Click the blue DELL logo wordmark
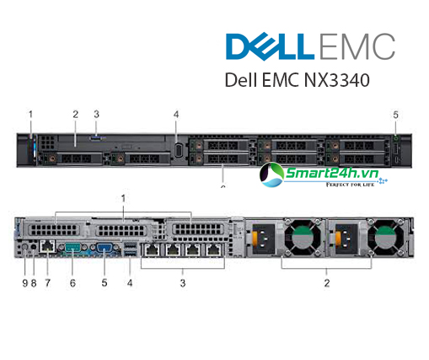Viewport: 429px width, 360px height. (270, 46)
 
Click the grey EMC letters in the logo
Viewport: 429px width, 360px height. (357, 46)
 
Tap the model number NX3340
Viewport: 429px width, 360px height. (337, 80)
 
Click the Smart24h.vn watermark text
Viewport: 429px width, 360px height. (332, 173)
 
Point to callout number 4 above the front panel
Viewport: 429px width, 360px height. (176, 115)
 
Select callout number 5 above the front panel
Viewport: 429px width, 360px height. (395, 115)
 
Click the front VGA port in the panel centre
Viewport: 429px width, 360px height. (178, 150)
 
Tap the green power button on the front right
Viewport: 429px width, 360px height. (396, 138)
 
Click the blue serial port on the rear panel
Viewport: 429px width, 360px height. (72, 248)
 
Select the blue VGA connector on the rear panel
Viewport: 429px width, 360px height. (105, 248)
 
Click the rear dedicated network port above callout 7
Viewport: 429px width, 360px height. (47, 246)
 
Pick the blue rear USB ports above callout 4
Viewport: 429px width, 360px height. (130, 250)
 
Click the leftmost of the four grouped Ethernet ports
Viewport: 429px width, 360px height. (152, 250)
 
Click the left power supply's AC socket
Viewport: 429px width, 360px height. (264, 239)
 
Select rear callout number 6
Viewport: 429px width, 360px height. (72, 283)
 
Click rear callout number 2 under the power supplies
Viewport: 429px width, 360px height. (327, 283)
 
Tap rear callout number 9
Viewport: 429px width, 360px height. (25, 283)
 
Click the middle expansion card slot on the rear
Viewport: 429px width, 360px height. (121, 230)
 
